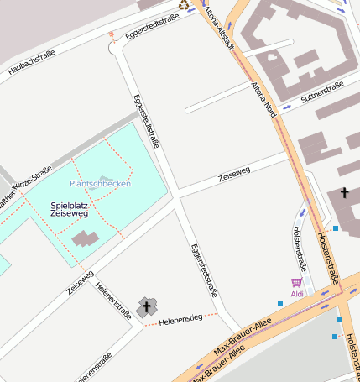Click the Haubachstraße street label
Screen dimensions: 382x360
coord(31,62)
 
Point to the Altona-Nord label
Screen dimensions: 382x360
coord(264,100)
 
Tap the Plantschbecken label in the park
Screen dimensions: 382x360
coord(100,183)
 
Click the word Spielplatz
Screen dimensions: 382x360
coord(69,205)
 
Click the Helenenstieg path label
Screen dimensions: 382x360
coord(181,319)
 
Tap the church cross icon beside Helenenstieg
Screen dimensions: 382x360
coord(146,307)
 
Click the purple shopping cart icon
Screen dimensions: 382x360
coord(296,283)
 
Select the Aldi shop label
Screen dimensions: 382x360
coord(296,294)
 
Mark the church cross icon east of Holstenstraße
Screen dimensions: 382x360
coord(344,193)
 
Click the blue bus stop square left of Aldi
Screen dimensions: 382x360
coord(280,303)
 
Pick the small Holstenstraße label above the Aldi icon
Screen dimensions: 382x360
coord(300,248)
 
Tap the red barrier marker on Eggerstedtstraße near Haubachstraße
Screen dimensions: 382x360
coord(111,35)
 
